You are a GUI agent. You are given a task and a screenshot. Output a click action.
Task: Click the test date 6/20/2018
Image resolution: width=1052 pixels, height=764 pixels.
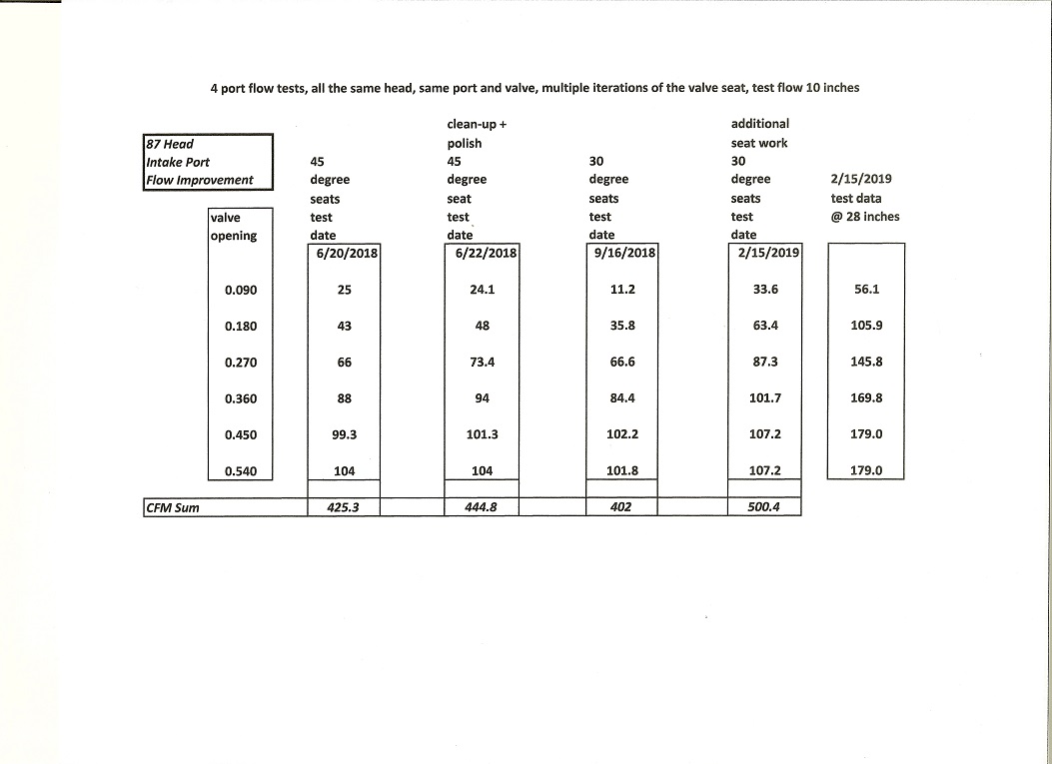pyautogui.click(x=346, y=253)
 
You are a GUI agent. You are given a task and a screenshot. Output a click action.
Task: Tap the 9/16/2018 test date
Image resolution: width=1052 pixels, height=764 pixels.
pyautogui.click(x=623, y=253)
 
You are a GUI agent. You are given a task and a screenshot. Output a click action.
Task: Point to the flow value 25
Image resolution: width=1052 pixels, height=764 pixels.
pyautogui.click(x=344, y=290)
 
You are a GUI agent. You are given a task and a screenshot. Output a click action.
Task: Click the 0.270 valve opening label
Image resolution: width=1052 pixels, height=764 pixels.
pyautogui.click(x=241, y=363)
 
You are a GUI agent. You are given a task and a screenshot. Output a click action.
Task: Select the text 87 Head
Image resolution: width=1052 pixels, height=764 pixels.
pyautogui.click(x=170, y=144)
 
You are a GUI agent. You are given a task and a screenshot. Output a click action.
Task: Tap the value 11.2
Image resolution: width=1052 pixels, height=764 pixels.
pyautogui.click(x=621, y=290)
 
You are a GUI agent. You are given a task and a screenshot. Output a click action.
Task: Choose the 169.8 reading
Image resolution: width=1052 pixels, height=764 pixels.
pyautogui.click(x=865, y=398)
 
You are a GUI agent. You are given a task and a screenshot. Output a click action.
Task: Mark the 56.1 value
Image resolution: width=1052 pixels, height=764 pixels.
pyautogui.click(x=865, y=290)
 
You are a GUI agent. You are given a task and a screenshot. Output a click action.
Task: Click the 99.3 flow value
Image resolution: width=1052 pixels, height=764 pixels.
pyautogui.click(x=344, y=434)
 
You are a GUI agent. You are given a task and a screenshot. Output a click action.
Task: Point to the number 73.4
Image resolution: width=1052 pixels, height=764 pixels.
pyautogui.click(x=483, y=363)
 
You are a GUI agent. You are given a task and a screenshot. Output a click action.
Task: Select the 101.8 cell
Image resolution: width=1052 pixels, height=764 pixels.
pyautogui.click(x=621, y=470)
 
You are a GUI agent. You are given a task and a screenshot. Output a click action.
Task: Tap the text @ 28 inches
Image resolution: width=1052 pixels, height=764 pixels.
pyautogui.click(x=865, y=216)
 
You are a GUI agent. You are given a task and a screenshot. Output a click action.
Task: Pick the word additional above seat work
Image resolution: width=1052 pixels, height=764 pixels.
pyautogui.click(x=760, y=124)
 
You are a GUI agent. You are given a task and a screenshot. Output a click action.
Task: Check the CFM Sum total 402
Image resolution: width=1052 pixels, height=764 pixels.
pyautogui.click(x=621, y=507)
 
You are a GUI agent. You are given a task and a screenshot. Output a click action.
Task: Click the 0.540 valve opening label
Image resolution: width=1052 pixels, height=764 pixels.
pyautogui.click(x=241, y=470)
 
